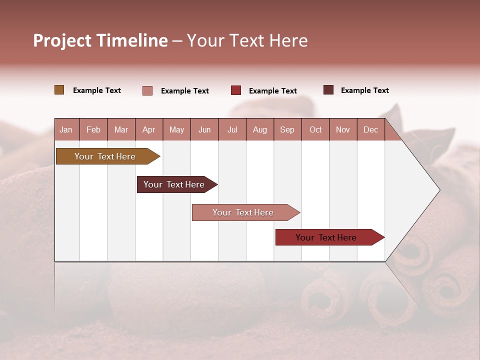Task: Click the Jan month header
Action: (66, 129)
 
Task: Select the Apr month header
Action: (148, 129)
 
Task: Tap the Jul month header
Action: (232, 129)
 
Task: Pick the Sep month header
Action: (287, 129)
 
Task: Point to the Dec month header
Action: (370, 129)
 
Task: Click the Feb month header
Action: (93, 129)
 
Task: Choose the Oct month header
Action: (315, 129)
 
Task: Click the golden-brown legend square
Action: (59, 90)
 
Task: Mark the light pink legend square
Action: (147, 90)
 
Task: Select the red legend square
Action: (236, 90)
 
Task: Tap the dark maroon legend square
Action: (328, 90)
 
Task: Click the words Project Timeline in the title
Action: (100, 40)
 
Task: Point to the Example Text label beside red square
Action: (273, 91)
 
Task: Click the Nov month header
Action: (343, 129)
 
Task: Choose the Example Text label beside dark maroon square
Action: (365, 90)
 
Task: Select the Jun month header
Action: (204, 129)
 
